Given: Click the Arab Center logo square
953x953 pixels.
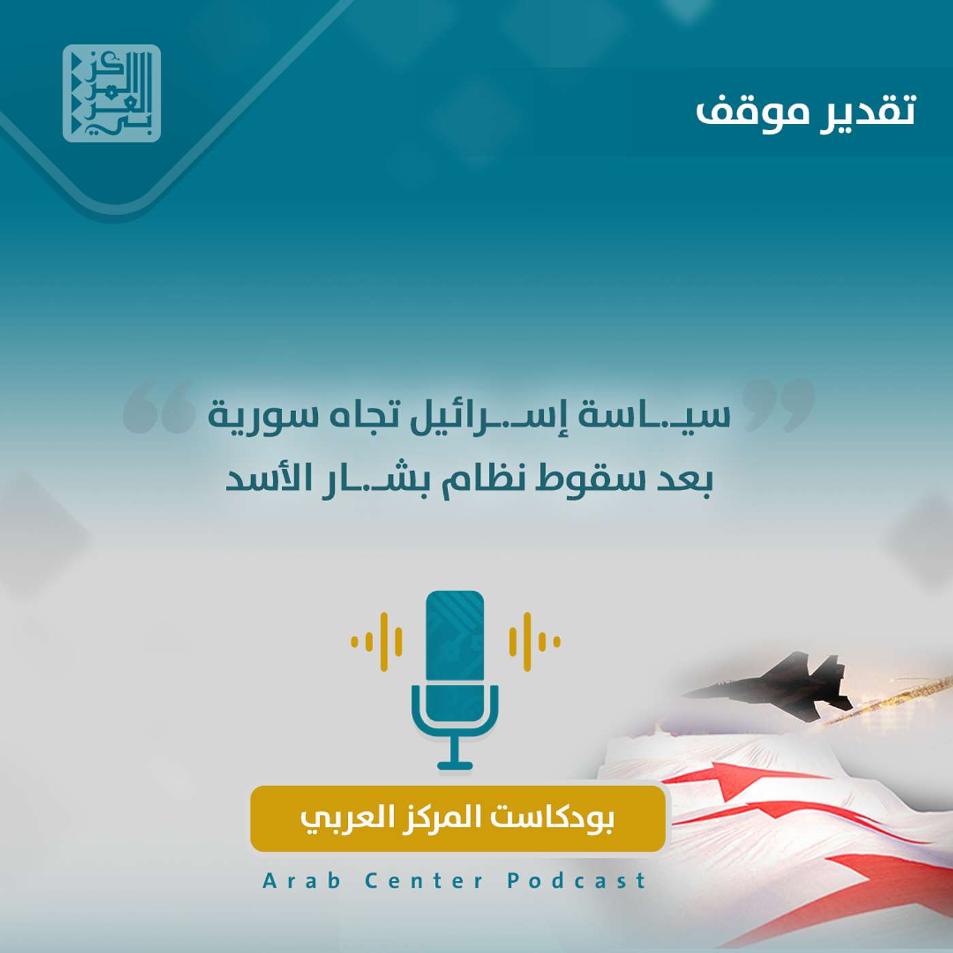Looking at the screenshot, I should [x=112, y=93].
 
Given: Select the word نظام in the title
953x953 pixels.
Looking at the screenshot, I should [x=481, y=479].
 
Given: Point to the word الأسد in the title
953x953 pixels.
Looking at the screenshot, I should [x=265, y=479].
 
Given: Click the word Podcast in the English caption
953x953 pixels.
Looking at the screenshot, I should [x=576, y=881].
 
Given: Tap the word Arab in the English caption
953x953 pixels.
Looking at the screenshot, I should [x=302, y=881].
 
